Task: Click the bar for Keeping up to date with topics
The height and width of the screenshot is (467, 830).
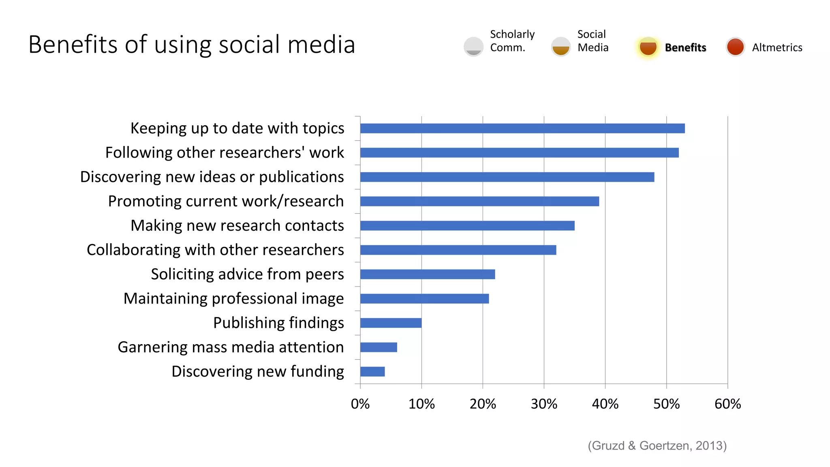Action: pyautogui.click(x=522, y=129)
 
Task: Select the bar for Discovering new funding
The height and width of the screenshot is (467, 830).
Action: pyautogui.click(x=372, y=371)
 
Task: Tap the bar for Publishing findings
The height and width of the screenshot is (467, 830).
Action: pyautogui.click(x=391, y=323)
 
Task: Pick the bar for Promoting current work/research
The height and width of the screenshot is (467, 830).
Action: pyautogui.click(x=479, y=201)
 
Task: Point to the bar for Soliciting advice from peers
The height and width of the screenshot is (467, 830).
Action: pyautogui.click(x=428, y=274)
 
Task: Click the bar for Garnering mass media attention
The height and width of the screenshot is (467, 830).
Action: pyautogui.click(x=379, y=347)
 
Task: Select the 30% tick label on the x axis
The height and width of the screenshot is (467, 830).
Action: pyautogui.click(x=544, y=404)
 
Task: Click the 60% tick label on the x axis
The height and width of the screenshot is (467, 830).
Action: pyautogui.click(x=727, y=404)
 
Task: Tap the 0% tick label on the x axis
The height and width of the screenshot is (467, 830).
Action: pyautogui.click(x=360, y=404)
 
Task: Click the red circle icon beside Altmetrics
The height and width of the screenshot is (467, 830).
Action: pyautogui.click(x=735, y=47)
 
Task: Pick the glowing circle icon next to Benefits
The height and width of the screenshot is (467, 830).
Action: pyautogui.click(x=648, y=47)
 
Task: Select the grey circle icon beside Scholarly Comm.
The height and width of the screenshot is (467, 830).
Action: pyautogui.click(x=473, y=47)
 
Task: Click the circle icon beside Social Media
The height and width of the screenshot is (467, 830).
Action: pyautogui.click(x=561, y=47)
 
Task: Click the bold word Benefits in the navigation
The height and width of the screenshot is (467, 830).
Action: pyautogui.click(x=685, y=47)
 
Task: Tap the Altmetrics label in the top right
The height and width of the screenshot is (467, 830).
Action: pyautogui.click(x=777, y=47)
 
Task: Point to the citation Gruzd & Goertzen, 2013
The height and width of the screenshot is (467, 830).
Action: pyautogui.click(x=657, y=446)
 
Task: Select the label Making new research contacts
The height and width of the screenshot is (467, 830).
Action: pyautogui.click(x=237, y=226)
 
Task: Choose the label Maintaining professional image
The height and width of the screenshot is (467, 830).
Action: pyautogui.click(x=233, y=299)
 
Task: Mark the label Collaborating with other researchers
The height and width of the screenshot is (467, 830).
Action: pyautogui.click(x=215, y=250)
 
